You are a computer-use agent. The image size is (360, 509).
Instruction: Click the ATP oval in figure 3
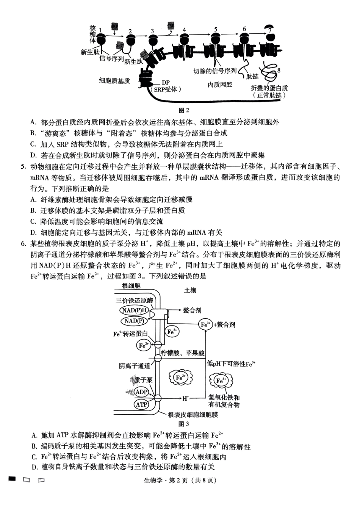pos(141,404)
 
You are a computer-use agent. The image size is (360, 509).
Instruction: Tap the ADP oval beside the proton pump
pos(141,392)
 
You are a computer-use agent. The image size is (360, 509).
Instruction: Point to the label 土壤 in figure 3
pos(190,290)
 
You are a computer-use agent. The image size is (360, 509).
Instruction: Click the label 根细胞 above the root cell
pos(131,286)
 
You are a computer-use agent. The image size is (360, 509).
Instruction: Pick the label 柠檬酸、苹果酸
pos(183,353)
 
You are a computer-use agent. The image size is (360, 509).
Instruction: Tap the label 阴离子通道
pos(135,366)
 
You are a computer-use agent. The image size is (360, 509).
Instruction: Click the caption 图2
pos(183,110)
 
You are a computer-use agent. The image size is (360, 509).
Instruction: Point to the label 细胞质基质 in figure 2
pos(114,81)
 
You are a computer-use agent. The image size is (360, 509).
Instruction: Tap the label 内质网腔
pos(220,85)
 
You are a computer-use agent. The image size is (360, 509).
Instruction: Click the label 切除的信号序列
pos(215,71)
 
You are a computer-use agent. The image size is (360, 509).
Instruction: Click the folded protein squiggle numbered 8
pos(270,70)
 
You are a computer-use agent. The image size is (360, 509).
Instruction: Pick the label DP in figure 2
pos(166,82)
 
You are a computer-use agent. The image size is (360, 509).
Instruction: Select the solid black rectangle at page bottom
pos(13,479)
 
